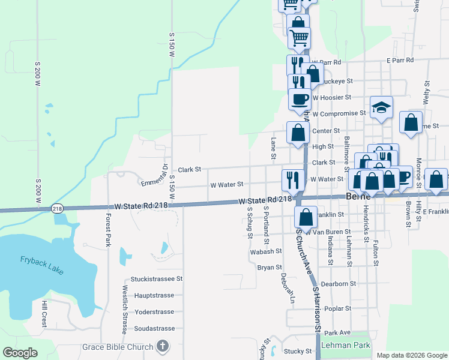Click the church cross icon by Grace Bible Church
click(x=162, y=346)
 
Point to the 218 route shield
click(x=57, y=208)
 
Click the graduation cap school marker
click(x=381, y=108)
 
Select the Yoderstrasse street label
click(x=154, y=312)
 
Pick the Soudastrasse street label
click(x=154, y=328)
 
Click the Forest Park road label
click(x=109, y=230)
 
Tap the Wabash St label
click(x=266, y=252)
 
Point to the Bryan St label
click(x=270, y=267)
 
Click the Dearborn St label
click(x=339, y=283)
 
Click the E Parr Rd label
click(x=400, y=61)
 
